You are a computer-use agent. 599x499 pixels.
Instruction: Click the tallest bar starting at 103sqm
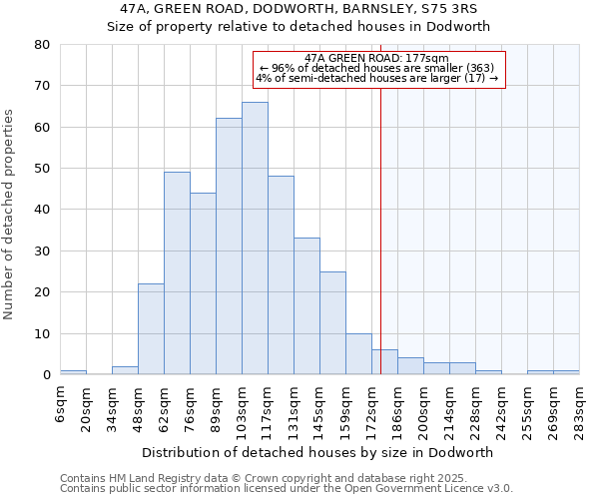[255, 239]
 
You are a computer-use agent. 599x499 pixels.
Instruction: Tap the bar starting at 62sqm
[177, 273]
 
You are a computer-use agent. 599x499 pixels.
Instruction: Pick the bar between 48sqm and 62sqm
[151, 329]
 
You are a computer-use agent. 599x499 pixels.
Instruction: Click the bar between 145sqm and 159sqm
[332, 323]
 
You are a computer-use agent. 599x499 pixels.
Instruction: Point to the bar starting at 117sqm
[281, 275]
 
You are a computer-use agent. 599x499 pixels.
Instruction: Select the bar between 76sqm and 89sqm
[203, 283]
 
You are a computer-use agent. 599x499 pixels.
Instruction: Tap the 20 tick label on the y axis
[42, 292]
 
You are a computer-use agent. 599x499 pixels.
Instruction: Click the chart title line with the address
[299, 9]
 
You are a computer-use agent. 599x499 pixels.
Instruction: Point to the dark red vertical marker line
[381, 230]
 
